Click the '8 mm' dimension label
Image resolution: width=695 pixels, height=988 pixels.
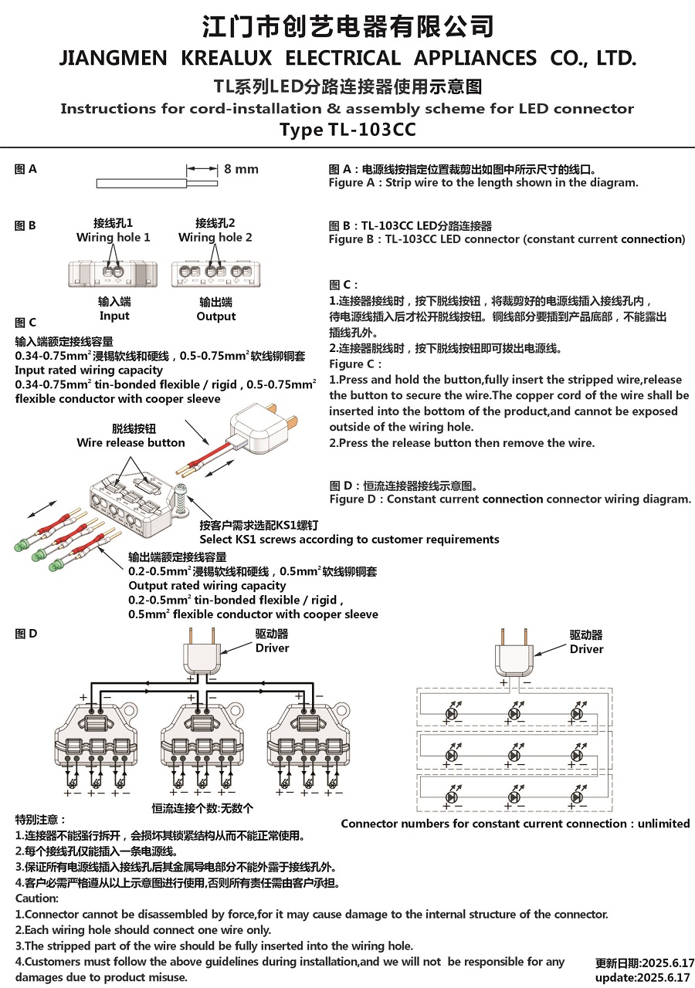pyautogui.click(x=241, y=169)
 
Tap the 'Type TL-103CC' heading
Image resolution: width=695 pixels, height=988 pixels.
pyautogui.click(x=347, y=130)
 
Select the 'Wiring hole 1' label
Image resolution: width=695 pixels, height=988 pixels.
pyautogui.click(x=114, y=238)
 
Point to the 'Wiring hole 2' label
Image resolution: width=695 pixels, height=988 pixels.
pyautogui.click(x=215, y=238)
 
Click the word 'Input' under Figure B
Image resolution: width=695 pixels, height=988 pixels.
pyautogui.click(x=114, y=316)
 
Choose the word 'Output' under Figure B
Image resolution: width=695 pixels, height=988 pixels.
pyautogui.click(x=216, y=316)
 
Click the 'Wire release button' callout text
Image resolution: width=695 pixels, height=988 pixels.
pyautogui.click(x=131, y=443)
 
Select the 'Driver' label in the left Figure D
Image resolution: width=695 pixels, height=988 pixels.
pyautogui.click(x=272, y=648)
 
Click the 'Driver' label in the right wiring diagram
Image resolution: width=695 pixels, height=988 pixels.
pyautogui.click(x=586, y=648)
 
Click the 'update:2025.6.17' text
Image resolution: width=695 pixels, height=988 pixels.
pyautogui.click(x=645, y=977)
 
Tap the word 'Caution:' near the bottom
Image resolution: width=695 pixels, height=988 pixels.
pyautogui.click(x=37, y=898)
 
